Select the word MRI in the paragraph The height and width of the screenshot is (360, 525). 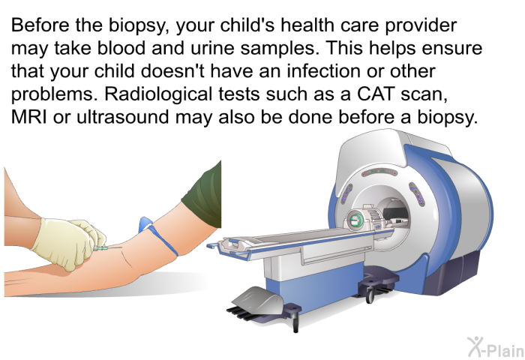click(x=28, y=117)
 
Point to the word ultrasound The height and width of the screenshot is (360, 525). click(x=122, y=117)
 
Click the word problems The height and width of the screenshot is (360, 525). click(x=52, y=94)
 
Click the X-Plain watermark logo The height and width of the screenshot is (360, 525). click(x=496, y=347)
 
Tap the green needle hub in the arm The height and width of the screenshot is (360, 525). click(x=101, y=248)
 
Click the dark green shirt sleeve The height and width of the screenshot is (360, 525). click(x=203, y=195)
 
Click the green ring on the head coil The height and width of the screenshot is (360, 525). click(x=354, y=220)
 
